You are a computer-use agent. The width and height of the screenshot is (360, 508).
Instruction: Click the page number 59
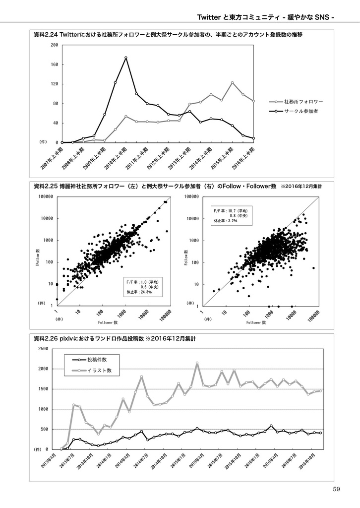[x=337, y=490]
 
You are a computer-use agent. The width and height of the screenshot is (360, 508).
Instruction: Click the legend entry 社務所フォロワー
[x=303, y=101]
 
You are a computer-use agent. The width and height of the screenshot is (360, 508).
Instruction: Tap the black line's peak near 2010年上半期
[x=126, y=58]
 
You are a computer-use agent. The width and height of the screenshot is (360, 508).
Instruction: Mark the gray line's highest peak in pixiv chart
[x=197, y=363]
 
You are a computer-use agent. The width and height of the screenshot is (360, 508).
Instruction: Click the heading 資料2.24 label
[x=46, y=35]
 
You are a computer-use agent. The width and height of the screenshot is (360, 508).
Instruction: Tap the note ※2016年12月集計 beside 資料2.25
[x=301, y=187]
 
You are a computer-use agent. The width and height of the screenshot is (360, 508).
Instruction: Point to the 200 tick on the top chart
[x=55, y=45]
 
